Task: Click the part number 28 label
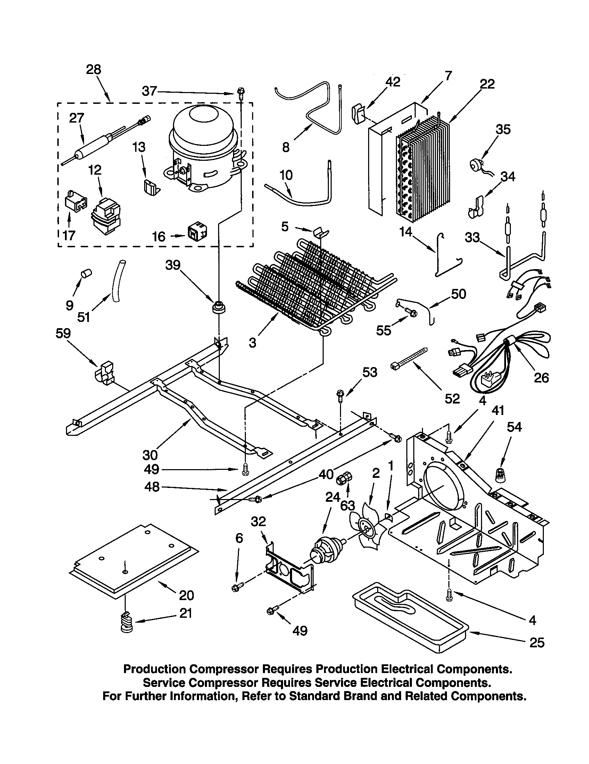click(93, 69)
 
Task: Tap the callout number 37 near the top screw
click(149, 91)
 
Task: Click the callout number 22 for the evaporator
click(488, 84)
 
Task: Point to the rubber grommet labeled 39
click(219, 307)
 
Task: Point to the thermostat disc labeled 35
click(476, 163)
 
